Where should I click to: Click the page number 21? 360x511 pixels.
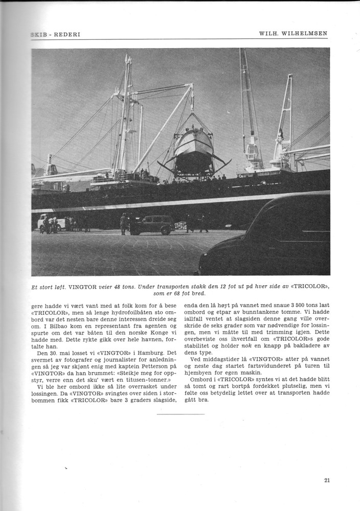(327, 480)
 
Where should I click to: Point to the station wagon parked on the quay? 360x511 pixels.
(152, 224)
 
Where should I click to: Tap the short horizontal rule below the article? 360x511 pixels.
(180, 414)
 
